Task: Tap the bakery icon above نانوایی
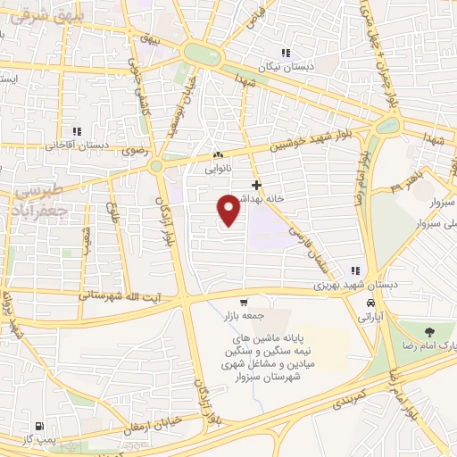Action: click(x=219, y=154)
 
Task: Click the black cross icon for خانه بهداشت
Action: click(x=257, y=186)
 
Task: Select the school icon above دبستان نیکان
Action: click(x=286, y=53)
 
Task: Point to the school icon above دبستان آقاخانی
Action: click(x=77, y=131)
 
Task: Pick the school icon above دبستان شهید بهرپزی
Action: click(x=355, y=270)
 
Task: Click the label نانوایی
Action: click(x=219, y=166)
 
